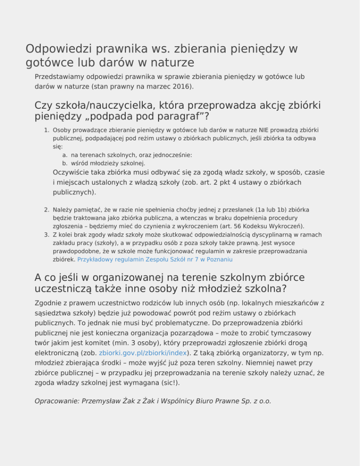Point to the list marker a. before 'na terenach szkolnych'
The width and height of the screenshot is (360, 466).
[65, 155]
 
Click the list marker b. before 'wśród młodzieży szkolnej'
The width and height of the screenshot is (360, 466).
[65, 163]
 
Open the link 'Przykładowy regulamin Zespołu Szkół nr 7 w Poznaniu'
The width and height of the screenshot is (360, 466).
[155, 259]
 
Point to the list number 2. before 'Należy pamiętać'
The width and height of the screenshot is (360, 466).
[47, 209]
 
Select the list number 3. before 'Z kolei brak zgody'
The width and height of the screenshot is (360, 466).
[47, 234]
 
